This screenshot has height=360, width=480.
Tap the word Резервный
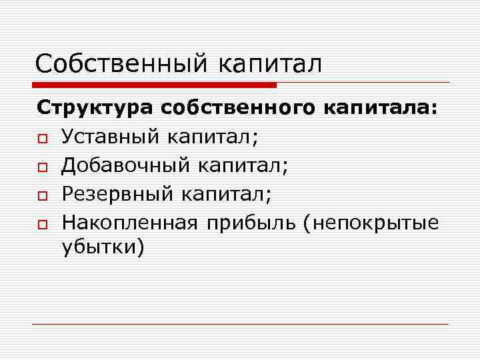[x=115, y=194]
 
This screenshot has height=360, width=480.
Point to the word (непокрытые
[x=371, y=223]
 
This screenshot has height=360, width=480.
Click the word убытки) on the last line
[x=103, y=248]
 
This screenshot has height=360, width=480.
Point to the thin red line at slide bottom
[x=240, y=325]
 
